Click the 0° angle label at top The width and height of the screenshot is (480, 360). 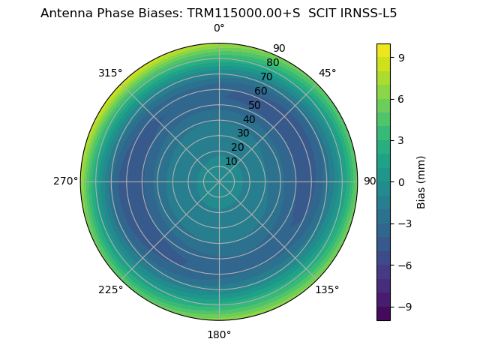tap(219, 28)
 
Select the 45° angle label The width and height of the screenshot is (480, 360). tap(327, 73)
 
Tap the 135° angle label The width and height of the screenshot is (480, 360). tap(327, 289)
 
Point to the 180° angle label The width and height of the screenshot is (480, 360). tap(219, 334)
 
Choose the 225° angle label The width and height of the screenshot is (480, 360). tap(110, 289)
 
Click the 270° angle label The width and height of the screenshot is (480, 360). tap(65, 181)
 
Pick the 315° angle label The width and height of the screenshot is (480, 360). tap(110, 73)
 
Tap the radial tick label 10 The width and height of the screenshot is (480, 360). tap(231, 161)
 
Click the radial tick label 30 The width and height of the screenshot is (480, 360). tap(243, 133)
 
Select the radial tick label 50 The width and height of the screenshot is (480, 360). tap(255, 105)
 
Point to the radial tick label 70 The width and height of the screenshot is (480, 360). tap(266, 76)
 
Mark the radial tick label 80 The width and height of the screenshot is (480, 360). tap(272, 62)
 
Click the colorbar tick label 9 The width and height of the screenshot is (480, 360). tap(401, 57)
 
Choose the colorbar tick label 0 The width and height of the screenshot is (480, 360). tap(401, 182)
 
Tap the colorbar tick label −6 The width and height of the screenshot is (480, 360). tap(401, 265)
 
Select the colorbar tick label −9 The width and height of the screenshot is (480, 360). tap(401, 307)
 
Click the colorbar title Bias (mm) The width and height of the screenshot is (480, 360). tap(421, 182)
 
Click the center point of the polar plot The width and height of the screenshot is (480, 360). tap(219, 181)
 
